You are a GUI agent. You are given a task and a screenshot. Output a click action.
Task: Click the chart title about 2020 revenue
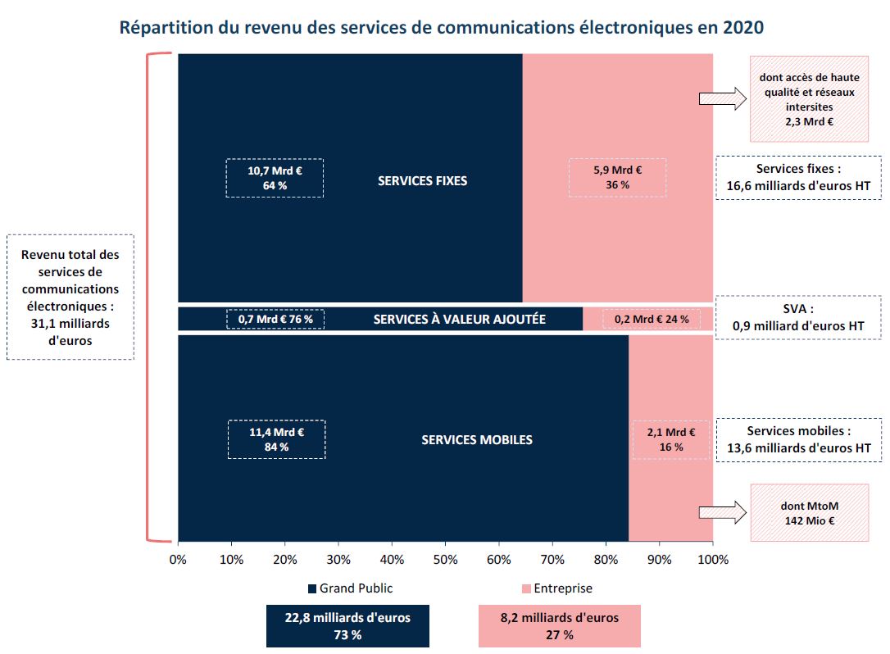click(442, 27)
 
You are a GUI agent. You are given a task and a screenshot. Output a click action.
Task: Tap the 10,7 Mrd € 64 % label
click(275, 178)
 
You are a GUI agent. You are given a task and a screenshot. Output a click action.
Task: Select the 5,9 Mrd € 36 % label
click(617, 178)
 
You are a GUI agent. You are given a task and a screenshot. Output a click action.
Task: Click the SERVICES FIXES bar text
click(422, 180)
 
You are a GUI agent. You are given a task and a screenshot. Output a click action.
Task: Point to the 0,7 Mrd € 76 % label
click(275, 319)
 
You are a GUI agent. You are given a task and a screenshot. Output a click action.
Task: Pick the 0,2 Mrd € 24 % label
click(652, 319)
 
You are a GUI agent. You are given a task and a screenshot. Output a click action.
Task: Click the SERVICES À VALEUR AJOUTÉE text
click(459, 319)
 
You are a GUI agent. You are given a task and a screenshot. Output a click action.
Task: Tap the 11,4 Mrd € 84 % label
click(276, 439)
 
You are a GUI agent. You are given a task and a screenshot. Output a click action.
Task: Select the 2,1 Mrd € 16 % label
click(670, 439)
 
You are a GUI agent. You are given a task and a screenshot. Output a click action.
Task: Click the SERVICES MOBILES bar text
click(477, 440)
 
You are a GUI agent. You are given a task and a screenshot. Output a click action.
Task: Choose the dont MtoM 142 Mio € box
click(810, 513)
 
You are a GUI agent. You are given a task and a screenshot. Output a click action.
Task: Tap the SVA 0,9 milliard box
click(798, 318)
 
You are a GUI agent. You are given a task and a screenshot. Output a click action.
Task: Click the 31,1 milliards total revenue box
click(70, 297)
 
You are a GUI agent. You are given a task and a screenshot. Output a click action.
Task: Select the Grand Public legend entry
click(350, 588)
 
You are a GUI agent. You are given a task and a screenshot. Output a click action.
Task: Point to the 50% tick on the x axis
click(445, 560)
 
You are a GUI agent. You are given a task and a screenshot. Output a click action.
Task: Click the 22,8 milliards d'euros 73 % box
click(347, 626)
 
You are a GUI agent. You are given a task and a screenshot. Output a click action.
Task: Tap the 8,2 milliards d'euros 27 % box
click(559, 626)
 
